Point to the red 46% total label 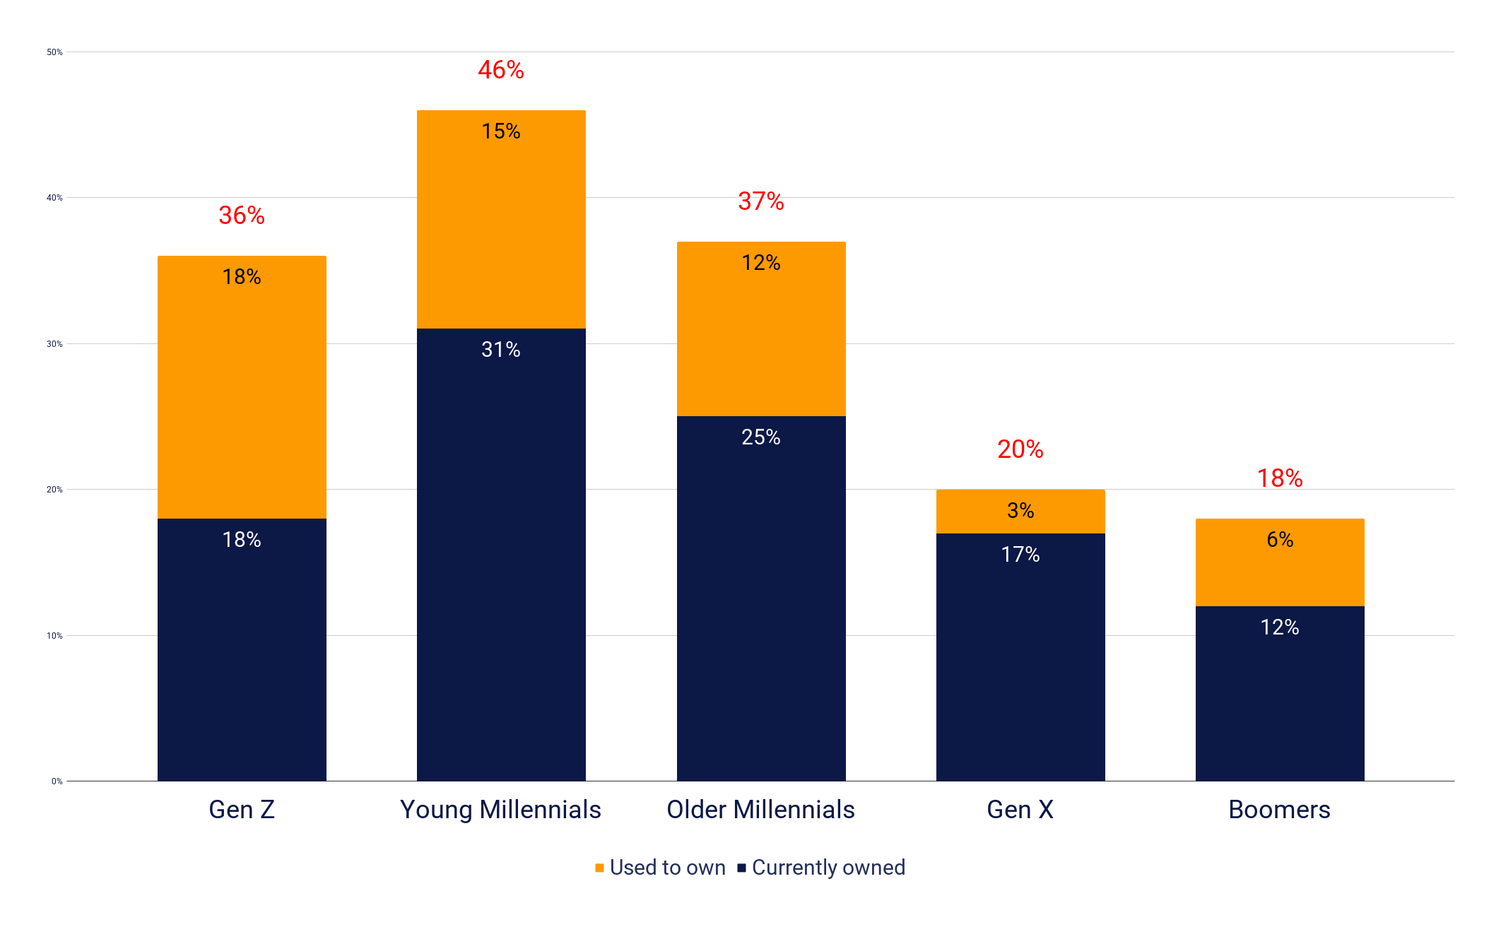(x=501, y=70)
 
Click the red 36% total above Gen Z (x=242, y=215)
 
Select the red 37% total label (x=761, y=201)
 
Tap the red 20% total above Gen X (x=1020, y=449)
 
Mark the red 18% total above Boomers (x=1280, y=478)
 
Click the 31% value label (x=501, y=350)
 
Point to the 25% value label (x=761, y=437)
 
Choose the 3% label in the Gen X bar (x=1020, y=511)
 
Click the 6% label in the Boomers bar (x=1280, y=540)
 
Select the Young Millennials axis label (x=500, y=810)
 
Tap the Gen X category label (x=1020, y=810)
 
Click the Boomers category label (x=1279, y=810)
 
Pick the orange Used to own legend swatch (x=599, y=868)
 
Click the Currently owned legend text (x=828, y=868)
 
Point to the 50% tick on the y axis (x=54, y=52)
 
